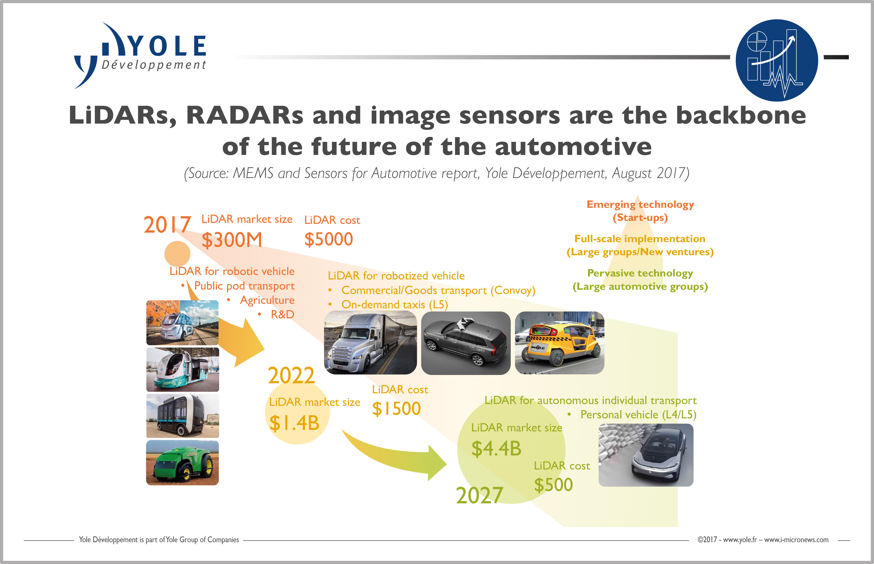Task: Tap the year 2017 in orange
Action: tap(167, 225)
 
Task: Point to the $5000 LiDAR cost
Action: tap(329, 239)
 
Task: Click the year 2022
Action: tap(291, 375)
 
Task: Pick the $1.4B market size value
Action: tap(294, 423)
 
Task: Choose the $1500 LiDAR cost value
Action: tap(396, 408)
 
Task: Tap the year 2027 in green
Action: tap(479, 496)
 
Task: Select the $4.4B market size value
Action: tap(496, 449)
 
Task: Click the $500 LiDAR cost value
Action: tap(553, 485)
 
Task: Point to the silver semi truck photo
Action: tap(370, 342)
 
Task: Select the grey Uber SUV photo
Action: tap(466, 343)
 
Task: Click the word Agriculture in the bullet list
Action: tap(267, 300)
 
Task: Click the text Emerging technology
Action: tap(640, 204)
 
